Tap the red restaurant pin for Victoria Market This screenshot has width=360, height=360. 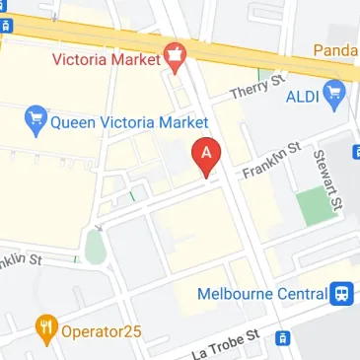point(177,58)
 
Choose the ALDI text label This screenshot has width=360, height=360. point(301,98)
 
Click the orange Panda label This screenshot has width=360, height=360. point(336,49)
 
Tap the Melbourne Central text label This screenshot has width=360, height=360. point(261,294)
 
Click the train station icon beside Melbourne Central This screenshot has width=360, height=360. point(342,293)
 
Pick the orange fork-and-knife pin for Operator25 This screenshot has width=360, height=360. point(44,327)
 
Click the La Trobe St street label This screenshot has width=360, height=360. point(228,344)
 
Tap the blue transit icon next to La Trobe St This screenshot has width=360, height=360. point(283,338)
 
